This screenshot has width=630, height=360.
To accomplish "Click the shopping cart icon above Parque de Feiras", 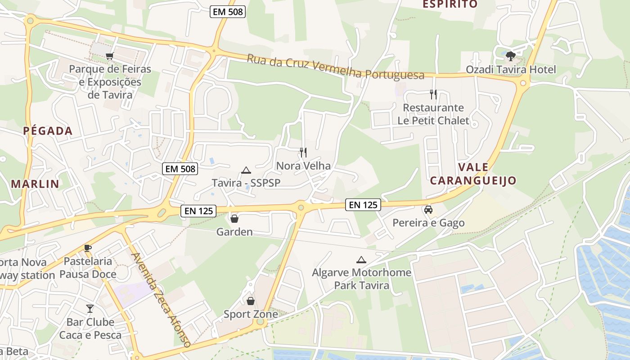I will pyautogui.click(x=109, y=56).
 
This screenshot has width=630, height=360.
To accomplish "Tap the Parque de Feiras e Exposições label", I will pyautogui.click(x=110, y=82).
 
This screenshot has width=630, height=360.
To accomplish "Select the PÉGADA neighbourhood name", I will pyautogui.click(x=48, y=131).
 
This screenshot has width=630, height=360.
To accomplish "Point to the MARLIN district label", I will pyautogui.click(x=35, y=184).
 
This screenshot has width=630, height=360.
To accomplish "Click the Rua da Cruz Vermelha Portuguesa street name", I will pyautogui.click(x=335, y=67).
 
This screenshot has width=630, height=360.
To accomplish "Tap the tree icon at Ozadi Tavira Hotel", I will pyautogui.click(x=510, y=56).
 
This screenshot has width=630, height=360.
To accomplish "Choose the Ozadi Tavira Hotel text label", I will pyautogui.click(x=511, y=69).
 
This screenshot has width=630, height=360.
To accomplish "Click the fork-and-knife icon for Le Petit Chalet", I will pyautogui.click(x=433, y=94).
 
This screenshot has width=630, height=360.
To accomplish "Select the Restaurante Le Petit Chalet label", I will pyautogui.click(x=433, y=114).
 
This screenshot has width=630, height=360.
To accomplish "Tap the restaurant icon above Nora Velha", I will pyautogui.click(x=303, y=153).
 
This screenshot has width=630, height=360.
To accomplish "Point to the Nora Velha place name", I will pyautogui.click(x=303, y=166).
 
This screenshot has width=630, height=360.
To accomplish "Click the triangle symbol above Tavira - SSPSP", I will pyautogui.click(x=246, y=170).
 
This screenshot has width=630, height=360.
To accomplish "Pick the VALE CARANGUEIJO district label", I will pyautogui.click(x=473, y=174).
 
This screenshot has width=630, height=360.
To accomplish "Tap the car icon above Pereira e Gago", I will pyautogui.click(x=428, y=209).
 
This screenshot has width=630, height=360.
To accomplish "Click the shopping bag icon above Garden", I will pyautogui.click(x=234, y=219).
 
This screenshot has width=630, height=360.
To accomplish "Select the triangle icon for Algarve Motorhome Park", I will pyautogui.click(x=361, y=260).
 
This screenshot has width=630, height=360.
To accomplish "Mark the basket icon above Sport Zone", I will pyautogui.click(x=251, y=301).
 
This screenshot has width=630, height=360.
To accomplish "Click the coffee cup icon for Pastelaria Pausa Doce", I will pyautogui.click(x=88, y=247).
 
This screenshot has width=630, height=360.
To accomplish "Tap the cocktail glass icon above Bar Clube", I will pyautogui.click(x=90, y=308).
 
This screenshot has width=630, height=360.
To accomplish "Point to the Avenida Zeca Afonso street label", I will pyautogui.click(x=161, y=299).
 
